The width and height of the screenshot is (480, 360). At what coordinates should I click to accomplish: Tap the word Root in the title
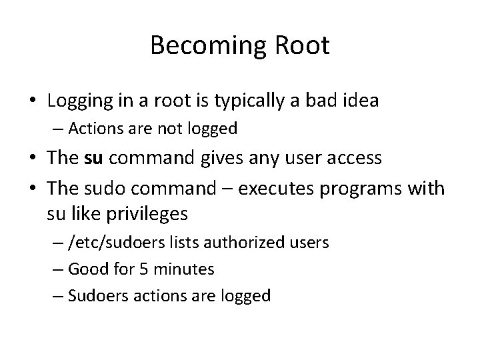pyautogui.click(x=298, y=46)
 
